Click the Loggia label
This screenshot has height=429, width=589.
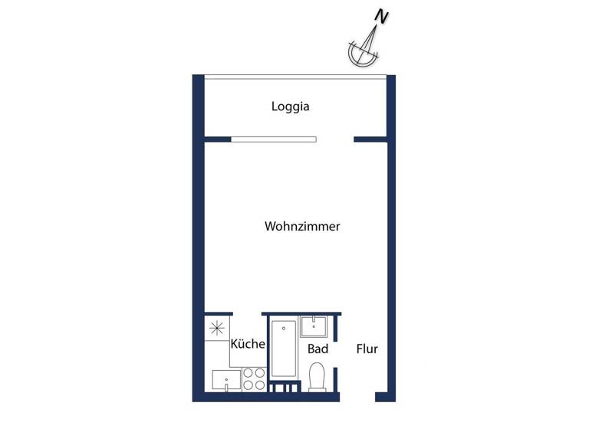(290, 106)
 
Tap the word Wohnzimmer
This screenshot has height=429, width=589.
(302, 227)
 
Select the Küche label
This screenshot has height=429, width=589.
(248, 344)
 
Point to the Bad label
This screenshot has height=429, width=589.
(318, 349)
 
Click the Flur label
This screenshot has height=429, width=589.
(367, 349)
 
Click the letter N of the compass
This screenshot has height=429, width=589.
(381, 16)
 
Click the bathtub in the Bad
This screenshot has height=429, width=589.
(283, 349)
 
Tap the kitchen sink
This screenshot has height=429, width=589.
(226, 379)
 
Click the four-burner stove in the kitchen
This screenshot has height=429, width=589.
(254, 379)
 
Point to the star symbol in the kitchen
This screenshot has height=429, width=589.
(217, 328)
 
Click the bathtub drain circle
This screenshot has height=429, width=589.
(283, 329)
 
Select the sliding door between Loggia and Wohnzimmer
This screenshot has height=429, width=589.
(274, 139)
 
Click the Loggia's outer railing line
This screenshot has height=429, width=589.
(294, 75)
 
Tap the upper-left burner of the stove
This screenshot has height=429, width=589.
(248, 374)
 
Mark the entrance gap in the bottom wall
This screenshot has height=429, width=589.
(357, 397)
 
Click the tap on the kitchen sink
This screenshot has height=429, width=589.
(227, 388)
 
